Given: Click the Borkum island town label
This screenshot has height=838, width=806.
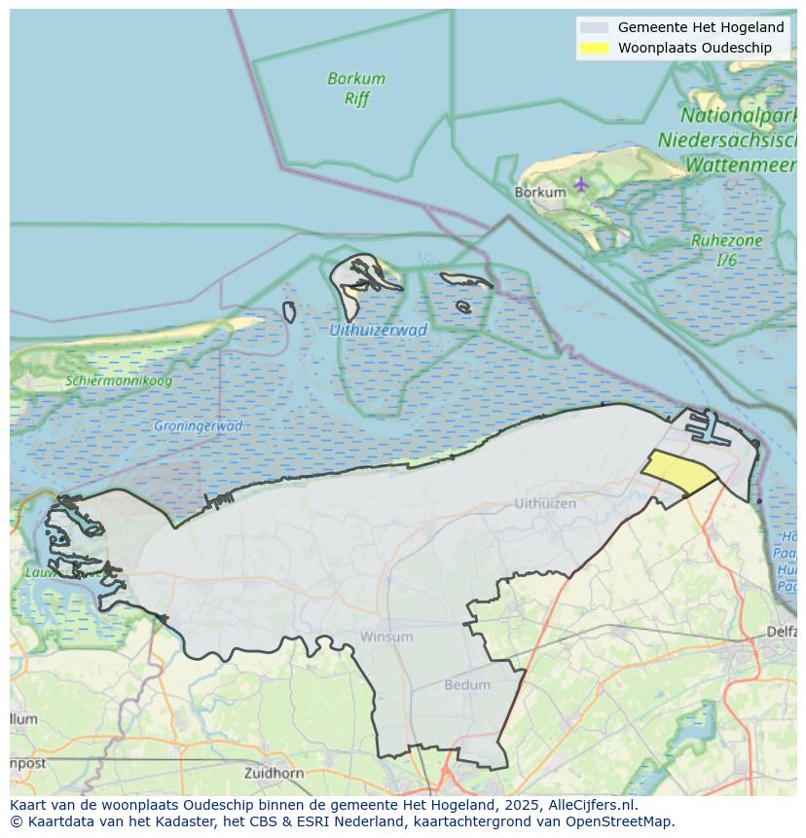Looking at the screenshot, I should [x=539, y=193].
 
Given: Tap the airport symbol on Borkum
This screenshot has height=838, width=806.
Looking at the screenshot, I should [x=581, y=183].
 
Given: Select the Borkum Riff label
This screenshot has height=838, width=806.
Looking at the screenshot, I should [x=356, y=88].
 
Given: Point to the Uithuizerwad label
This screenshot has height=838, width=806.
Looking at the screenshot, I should [x=378, y=330].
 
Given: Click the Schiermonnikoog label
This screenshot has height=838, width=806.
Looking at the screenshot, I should [x=119, y=381].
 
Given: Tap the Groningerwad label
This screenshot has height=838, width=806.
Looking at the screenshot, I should [x=198, y=426].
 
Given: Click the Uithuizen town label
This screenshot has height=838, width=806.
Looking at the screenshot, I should [x=545, y=503].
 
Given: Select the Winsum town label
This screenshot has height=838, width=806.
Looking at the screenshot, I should [x=386, y=637].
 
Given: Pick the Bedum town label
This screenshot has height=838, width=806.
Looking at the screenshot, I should [x=467, y=685].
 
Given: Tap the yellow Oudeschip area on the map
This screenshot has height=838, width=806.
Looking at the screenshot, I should [x=678, y=473].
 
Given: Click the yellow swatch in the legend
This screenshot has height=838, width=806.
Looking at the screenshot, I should [x=593, y=48].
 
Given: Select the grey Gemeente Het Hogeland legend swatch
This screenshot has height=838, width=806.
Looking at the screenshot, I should [x=593, y=28].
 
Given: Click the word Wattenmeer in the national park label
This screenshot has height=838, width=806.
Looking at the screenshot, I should [x=741, y=165].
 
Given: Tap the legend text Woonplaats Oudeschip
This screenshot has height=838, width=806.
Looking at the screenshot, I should [x=694, y=48].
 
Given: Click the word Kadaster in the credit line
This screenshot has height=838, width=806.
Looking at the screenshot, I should [x=195, y=821].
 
